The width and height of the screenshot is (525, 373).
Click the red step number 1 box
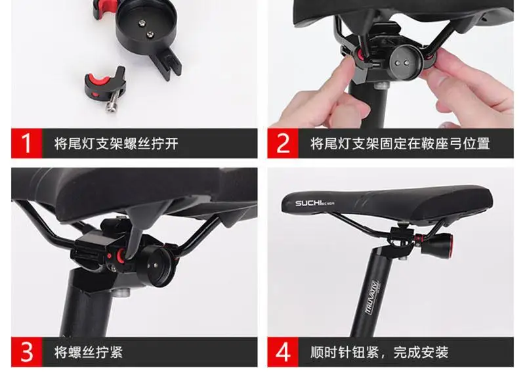(27, 143)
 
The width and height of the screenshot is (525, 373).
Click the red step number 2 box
(283, 143)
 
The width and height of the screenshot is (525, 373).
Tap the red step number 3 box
(27, 352)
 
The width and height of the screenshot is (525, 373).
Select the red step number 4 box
(283, 352)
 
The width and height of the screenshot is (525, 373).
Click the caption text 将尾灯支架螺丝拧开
(116, 144)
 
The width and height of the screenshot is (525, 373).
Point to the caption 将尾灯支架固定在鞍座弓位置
(400, 144)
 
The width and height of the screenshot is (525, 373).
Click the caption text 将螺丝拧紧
(88, 352)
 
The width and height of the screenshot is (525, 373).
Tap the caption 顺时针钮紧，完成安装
(379, 352)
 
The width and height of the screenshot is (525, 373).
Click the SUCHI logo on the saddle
(314, 203)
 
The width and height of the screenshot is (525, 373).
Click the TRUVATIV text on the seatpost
(371, 297)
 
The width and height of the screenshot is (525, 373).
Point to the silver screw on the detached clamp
(112, 102)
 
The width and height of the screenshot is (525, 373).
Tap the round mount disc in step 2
(402, 62)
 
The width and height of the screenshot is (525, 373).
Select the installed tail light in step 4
(436, 244)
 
